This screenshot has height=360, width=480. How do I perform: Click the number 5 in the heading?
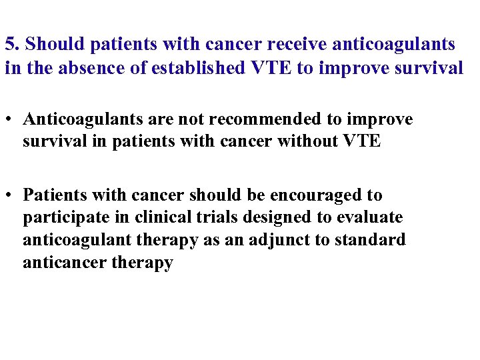(9, 45)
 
